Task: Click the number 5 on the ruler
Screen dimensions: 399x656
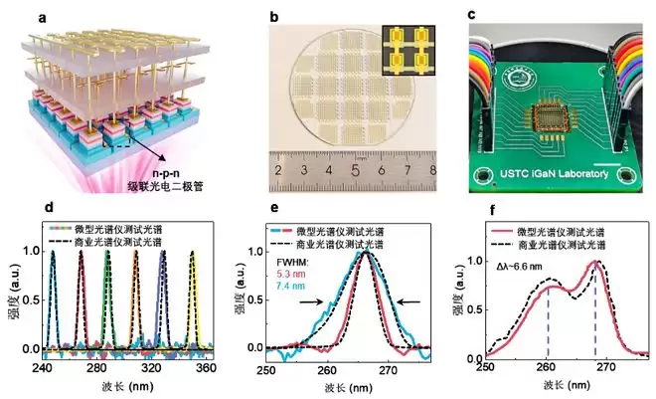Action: tap(355, 171)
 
